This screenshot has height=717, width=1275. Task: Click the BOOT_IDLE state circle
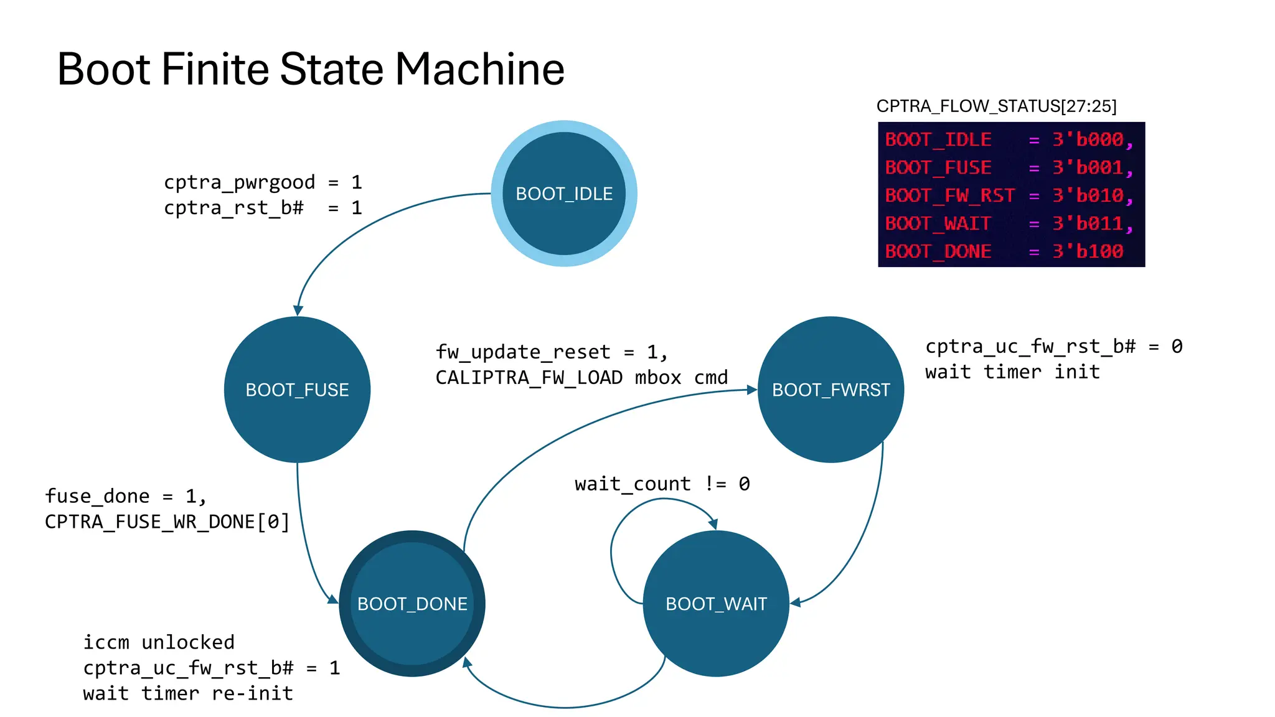tap(563, 194)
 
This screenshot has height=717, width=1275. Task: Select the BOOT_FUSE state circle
tap(297, 390)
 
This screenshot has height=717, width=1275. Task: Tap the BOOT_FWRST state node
tap(830, 390)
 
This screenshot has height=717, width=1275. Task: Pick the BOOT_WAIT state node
tap(716, 604)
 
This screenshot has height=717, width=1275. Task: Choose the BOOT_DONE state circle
tap(412, 604)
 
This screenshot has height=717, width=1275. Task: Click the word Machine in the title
tap(479, 68)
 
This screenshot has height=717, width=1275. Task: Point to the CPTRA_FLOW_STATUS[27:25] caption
tap(996, 106)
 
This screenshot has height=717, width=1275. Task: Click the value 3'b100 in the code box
tap(1088, 251)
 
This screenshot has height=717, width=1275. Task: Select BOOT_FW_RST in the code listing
tap(949, 195)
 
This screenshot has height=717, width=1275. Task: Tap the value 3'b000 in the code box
tap(1088, 139)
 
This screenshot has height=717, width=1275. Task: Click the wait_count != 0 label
tap(662, 484)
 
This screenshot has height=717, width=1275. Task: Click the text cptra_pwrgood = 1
tap(262, 182)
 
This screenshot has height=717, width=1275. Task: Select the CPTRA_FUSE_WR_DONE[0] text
tap(167, 522)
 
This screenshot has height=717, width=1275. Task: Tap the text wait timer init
tap(1012, 372)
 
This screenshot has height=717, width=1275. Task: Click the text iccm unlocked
tap(159, 642)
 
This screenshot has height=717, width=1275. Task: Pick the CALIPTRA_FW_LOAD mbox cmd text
tap(581, 378)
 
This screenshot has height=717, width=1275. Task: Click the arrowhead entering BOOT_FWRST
tap(752, 390)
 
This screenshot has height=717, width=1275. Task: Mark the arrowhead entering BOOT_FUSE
tap(298, 311)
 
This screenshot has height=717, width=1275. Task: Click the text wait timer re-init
tap(188, 693)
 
